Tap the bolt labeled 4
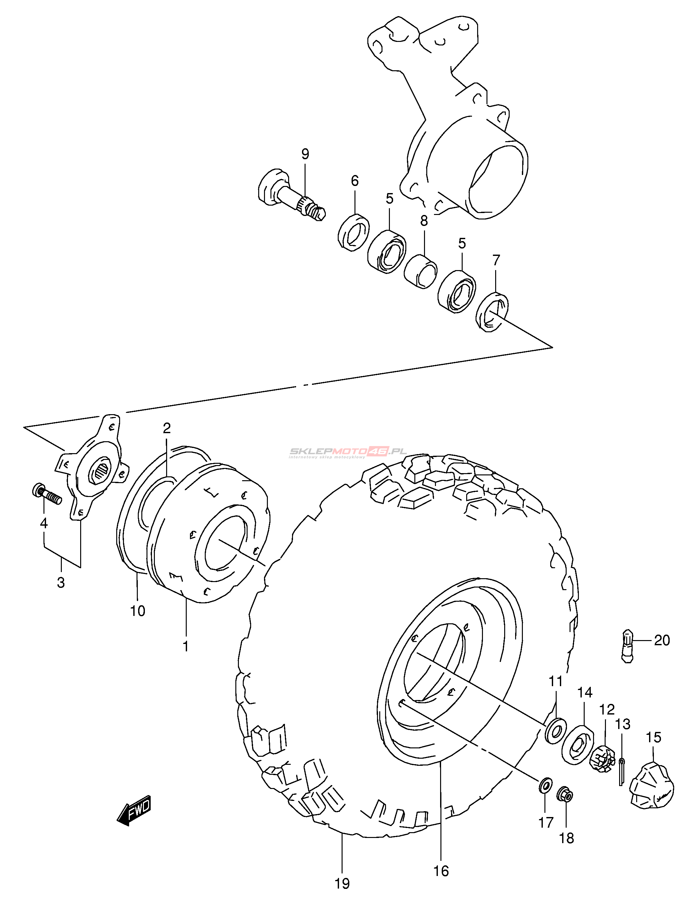(46, 495)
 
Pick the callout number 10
(138, 610)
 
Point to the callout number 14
(585, 692)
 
